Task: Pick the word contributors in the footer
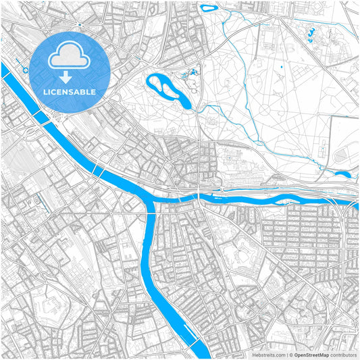click(343, 354)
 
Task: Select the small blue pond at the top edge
click(208, 9)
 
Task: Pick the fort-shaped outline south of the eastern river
click(244, 256)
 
